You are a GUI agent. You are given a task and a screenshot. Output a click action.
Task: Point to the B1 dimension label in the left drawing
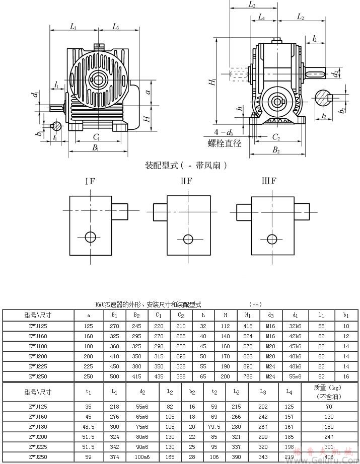[x=95, y=148]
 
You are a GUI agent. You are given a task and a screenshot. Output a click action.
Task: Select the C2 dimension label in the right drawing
[x=276, y=136]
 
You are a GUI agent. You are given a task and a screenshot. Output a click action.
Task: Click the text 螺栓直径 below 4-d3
[x=224, y=143]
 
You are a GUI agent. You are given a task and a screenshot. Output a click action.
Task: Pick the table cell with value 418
[x=248, y=326]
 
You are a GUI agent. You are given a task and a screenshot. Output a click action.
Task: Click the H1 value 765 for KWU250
[x=248, y=376]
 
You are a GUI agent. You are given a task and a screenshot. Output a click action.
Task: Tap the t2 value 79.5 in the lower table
[x=214, y=427]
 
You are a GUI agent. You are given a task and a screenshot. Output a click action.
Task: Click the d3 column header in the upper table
[x=271, y=316]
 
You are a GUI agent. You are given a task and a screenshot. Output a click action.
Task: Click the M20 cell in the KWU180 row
[x=271, y=346]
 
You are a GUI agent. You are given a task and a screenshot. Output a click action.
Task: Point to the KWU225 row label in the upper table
[x=38, y=366]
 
